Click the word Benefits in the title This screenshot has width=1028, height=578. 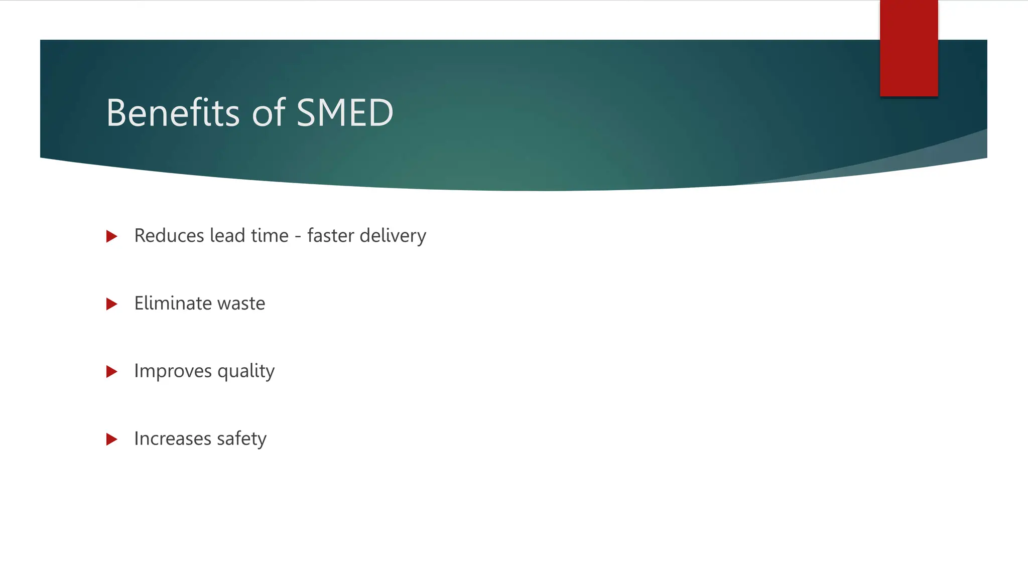pyautogui.click(x=173, y=113)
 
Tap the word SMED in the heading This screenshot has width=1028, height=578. pyautogui.click(x=345, y=113)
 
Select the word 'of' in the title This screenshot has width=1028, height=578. pyautogui.click(x=269, y=113)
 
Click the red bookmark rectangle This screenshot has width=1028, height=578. pyautogui.click(x=909, y=48)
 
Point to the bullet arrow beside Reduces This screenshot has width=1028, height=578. pyautogui.click(x=112, y=236)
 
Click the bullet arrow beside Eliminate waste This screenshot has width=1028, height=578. pyautogui.click(x=112, y=304)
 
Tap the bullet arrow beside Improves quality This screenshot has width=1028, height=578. pyautogui.click(x=112, y=372)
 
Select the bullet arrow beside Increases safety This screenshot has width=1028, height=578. pyautogui.click(x=112, y=440)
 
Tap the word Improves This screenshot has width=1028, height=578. pyautogui.click(x=173, y=372)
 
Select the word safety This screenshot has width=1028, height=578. pyautogui.click(x=241, y=439)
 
